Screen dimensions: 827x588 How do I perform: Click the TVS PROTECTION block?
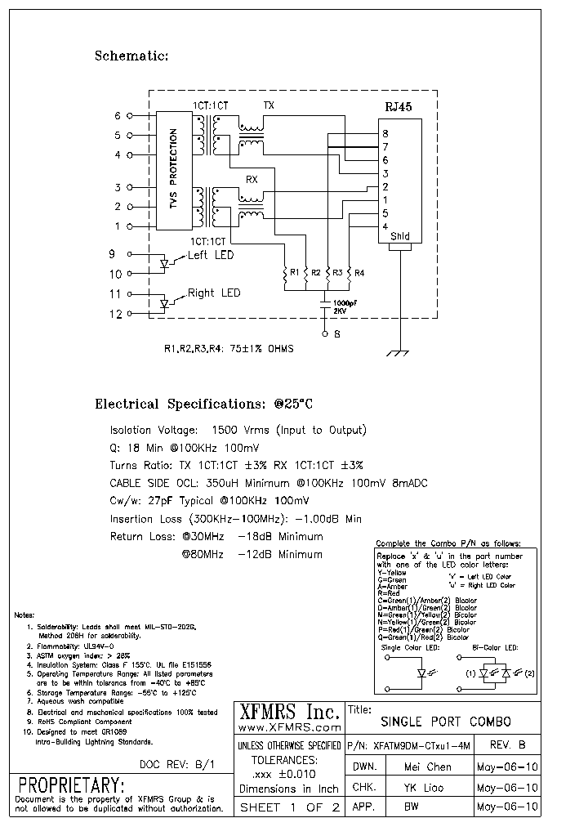point(172,170)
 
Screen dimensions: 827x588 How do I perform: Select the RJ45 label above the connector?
point(399,107)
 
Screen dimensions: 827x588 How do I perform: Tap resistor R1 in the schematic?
point(284,278)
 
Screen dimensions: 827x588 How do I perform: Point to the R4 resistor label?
point(359,272)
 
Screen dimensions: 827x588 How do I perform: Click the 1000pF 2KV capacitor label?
point(344,306)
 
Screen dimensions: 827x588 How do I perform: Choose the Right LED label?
point(213,293)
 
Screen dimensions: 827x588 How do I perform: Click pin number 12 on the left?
point(116,313)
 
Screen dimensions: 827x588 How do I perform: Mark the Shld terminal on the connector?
point(399,236)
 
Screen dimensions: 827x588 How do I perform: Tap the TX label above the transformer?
point(269,106)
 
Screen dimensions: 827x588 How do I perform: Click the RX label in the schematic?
point(252,178)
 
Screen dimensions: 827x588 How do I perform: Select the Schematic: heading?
point(131,56)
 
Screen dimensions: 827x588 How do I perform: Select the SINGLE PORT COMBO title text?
point(446,722)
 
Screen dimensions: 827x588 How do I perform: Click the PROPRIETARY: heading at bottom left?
point(71,785)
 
